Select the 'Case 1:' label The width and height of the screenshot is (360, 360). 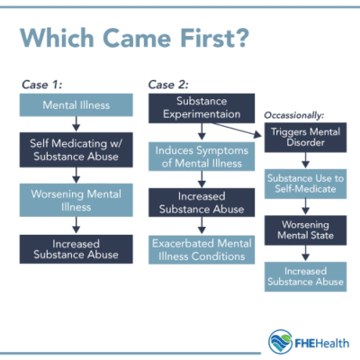tap(42, 84)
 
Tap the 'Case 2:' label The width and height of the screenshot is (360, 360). tap(168, 84)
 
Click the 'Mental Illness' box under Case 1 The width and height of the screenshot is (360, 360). tap(76, 105)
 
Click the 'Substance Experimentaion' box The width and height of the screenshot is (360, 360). tap(202, 107)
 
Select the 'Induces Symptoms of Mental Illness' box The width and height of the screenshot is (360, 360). tap(202, 156)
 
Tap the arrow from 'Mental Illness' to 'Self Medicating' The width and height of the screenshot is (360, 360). tap(76, 123)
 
